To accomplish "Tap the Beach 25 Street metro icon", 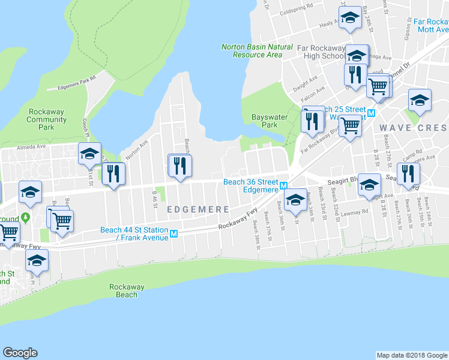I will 371,113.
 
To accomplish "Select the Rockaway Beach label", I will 127,291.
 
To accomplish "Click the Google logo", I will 20,353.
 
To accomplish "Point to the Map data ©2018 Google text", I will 412,355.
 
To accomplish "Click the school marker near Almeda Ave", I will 89,154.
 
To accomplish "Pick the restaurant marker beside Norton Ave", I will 113,174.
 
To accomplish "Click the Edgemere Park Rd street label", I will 77,83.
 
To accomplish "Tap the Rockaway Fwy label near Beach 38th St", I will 238,219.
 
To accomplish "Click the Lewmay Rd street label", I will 356,212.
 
